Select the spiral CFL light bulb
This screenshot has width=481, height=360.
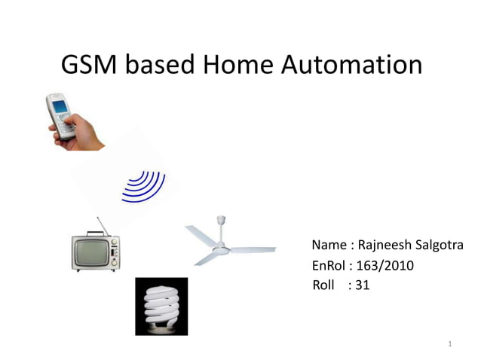pos(161,306)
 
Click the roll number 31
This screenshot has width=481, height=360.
pos(362,285)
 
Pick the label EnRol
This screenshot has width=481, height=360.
pos(328,266)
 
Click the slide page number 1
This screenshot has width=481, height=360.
pos(449,345)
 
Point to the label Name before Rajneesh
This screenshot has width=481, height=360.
pos(329,246)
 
